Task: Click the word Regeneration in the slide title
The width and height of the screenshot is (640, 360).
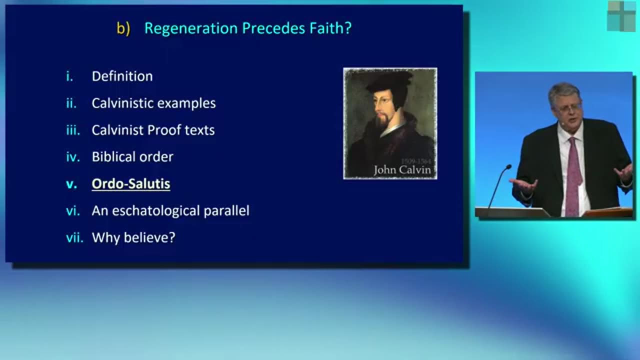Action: (191, 28)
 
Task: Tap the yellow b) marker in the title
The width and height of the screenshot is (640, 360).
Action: (123, 28)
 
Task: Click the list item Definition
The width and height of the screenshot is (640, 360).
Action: (122, 76)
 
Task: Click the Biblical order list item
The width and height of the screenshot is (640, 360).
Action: (132, 157)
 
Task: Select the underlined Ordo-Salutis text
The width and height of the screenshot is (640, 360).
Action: (131, 183)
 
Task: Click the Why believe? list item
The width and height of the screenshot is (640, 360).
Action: (133, 237)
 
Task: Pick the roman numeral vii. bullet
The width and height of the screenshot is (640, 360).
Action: (74, 237)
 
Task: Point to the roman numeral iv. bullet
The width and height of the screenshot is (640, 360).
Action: (73, 157)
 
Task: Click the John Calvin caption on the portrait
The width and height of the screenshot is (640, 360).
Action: (402, 170)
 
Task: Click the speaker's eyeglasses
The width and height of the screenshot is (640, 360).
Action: (567, 107)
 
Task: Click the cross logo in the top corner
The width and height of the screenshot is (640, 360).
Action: (621, 16)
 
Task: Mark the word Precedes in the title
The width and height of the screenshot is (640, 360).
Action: (273, 28)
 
